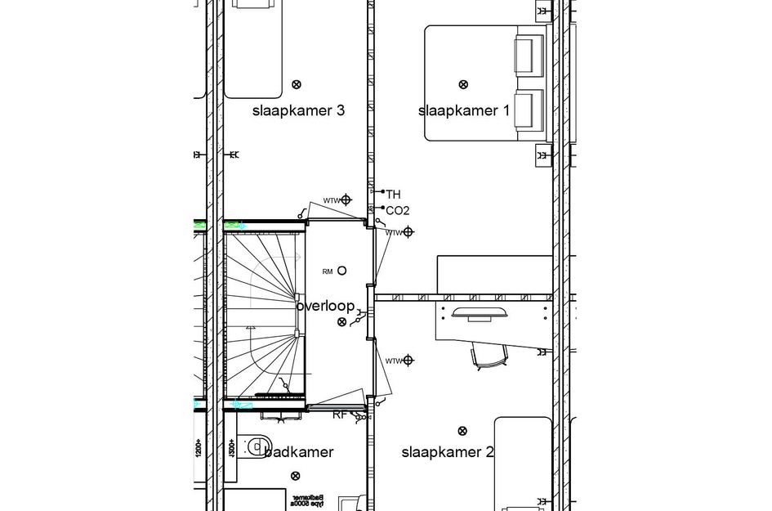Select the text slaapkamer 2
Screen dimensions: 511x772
click(447, 451)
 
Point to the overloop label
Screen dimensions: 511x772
click(326, 307)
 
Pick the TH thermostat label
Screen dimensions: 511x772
click(393, 195)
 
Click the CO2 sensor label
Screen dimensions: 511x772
click(397, 211)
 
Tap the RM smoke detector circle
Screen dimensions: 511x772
click(341, 271)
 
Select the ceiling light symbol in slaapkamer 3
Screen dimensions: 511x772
click(297, 83)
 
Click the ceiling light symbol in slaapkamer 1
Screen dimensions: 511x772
click(463, 83)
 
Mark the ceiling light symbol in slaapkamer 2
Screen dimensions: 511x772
click(463, 430)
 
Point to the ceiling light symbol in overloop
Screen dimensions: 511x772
click(341, 322)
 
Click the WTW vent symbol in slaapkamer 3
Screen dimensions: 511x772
click(346, 199)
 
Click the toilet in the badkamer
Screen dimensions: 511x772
click(257, 446)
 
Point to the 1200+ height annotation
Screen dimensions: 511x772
click(198, 447)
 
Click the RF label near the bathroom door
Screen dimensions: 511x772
click(339, 415)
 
